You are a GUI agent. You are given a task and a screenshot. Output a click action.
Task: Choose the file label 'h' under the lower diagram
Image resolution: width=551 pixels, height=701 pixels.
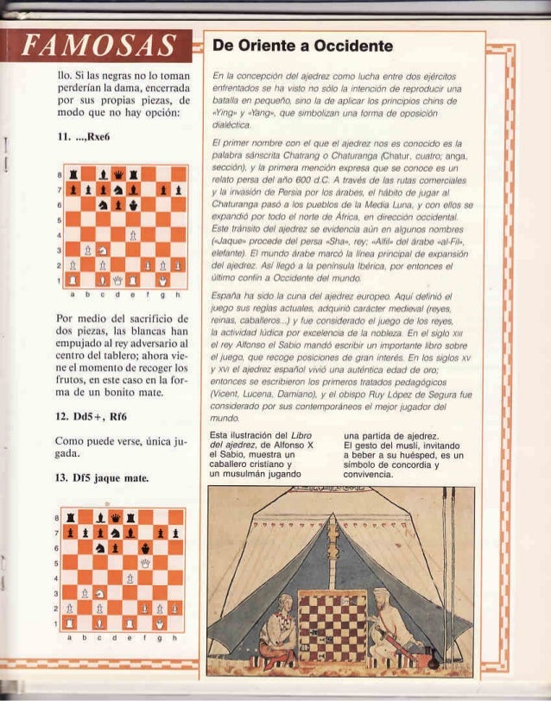click(177, 638)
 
